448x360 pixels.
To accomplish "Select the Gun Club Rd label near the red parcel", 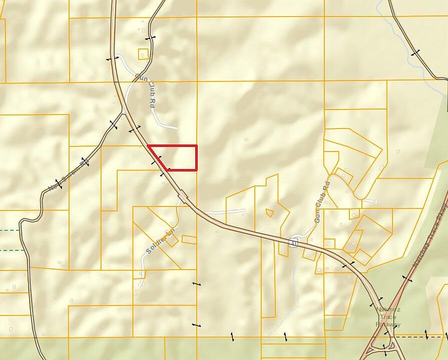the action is pyautogui.click(x=145, y=90).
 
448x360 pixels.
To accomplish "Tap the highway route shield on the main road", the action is pyautogui.click(x=293, y=242).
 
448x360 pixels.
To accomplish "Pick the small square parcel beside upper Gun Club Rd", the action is pyautogui.click(x=143, y=54).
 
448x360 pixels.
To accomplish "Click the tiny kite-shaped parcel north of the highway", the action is pyautogui.click(x=270, y=212).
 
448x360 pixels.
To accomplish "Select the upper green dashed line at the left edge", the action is pyautogui.click(x=10, y=230).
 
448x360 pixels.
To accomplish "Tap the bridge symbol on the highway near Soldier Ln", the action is pyautogui.click(x=183, y=196).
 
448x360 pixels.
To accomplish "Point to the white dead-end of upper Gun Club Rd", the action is pyautogui.click(x=175, y=128).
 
